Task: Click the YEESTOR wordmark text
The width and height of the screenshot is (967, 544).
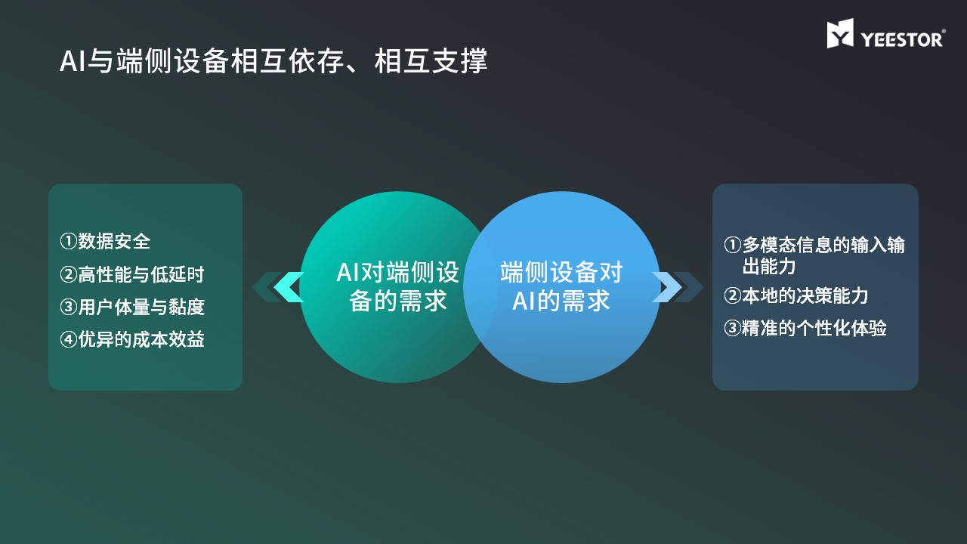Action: (902, 40)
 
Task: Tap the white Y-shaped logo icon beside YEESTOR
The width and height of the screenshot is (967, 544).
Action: (840, 33)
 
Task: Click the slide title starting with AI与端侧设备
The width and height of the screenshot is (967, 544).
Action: (273, 61)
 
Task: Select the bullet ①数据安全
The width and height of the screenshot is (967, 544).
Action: (105, 241)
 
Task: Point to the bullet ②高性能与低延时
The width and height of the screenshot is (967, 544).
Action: (131, 274)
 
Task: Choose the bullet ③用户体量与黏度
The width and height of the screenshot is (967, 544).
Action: (132, 307)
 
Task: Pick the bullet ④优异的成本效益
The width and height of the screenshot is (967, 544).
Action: (132, 339)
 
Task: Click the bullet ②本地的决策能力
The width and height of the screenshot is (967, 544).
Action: (796, 295)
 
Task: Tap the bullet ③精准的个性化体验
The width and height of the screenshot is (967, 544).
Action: (805, 328)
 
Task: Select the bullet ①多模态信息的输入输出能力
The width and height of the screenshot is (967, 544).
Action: (814, 255)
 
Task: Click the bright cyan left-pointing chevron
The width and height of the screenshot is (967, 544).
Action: (289, 287)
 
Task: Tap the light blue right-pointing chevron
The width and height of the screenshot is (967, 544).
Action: (667, 287)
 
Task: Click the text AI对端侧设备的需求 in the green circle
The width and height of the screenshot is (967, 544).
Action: (397, 286)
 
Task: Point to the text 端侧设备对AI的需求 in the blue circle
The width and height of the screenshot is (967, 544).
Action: (561, 286)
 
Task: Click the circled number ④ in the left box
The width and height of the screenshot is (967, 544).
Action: (68, 340)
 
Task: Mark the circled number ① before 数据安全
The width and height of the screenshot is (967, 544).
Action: (68, 242)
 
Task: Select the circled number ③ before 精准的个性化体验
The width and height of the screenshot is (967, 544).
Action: (732, 329)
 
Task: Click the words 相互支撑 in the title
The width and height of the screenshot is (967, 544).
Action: (431, 61)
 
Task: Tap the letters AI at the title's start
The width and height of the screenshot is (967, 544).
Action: (73, 61)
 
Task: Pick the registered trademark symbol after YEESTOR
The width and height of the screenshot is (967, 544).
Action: (944, 31)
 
